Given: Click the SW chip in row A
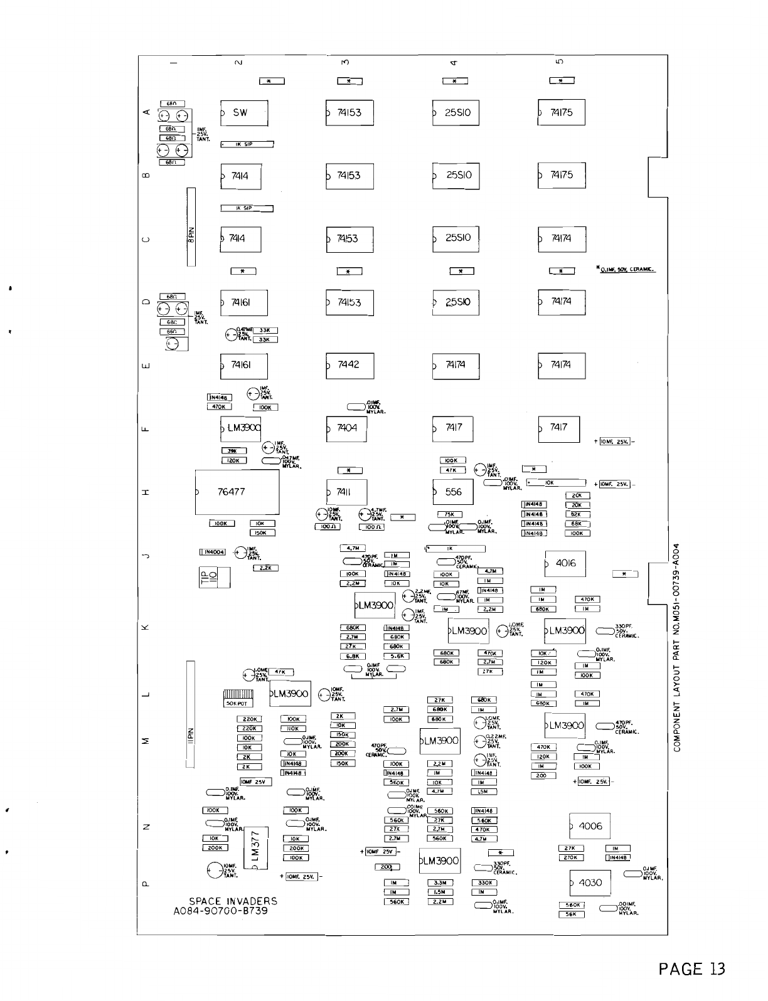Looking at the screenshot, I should click(x=243, y=114).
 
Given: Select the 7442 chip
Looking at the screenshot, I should click(x=349, y=366).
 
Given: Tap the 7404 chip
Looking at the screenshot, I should click(x=346, y=428).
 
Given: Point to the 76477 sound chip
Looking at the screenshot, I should click(x=237, y=492).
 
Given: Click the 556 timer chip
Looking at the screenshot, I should click(x=453, y=492).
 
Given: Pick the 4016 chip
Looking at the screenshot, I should click(x=565, y=563).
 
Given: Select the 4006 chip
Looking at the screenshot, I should click(x=589, y=826).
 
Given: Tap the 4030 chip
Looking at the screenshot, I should click(x=589, y=882).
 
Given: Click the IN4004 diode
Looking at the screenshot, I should click(x=212, y=552).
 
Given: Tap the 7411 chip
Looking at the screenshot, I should click(x=346, y=492).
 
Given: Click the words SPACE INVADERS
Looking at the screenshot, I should click(x=233, y=901).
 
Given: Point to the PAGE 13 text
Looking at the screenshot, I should click(x=691, y=969).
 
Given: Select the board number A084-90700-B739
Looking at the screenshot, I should click(x=220, y=911).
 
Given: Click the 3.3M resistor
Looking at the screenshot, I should click(x=440, y=882).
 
